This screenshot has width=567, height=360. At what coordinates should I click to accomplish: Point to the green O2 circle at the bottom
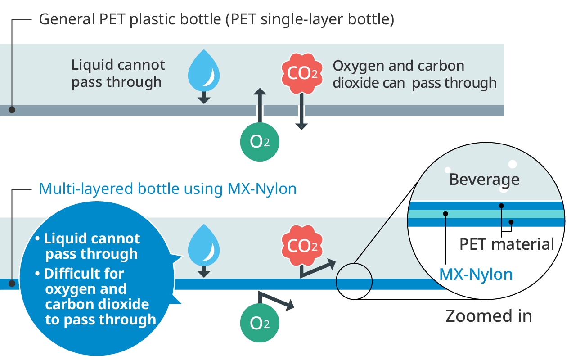[x=259, y=323]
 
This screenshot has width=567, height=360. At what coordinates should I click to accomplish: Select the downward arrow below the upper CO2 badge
[x=301, y=112]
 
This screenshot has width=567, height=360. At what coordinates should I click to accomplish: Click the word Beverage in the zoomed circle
[x=484, y=180]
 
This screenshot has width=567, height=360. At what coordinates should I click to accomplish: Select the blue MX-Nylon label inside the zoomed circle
[x=476, y=274]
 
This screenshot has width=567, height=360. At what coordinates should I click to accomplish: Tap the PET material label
[x=507, y=244]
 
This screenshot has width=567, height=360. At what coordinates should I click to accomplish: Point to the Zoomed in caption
[x=489, y=316]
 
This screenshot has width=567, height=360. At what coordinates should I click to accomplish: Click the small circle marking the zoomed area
[x=355, y=281]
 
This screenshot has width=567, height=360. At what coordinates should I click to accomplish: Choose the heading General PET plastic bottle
[x=216, y=20]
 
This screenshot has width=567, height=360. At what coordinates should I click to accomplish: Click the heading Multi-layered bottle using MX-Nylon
[x=167, y=189]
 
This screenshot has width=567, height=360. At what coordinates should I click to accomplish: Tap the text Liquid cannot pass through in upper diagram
[x=118, y=73]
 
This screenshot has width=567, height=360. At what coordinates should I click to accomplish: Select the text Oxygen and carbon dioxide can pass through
[x=414, y=74]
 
